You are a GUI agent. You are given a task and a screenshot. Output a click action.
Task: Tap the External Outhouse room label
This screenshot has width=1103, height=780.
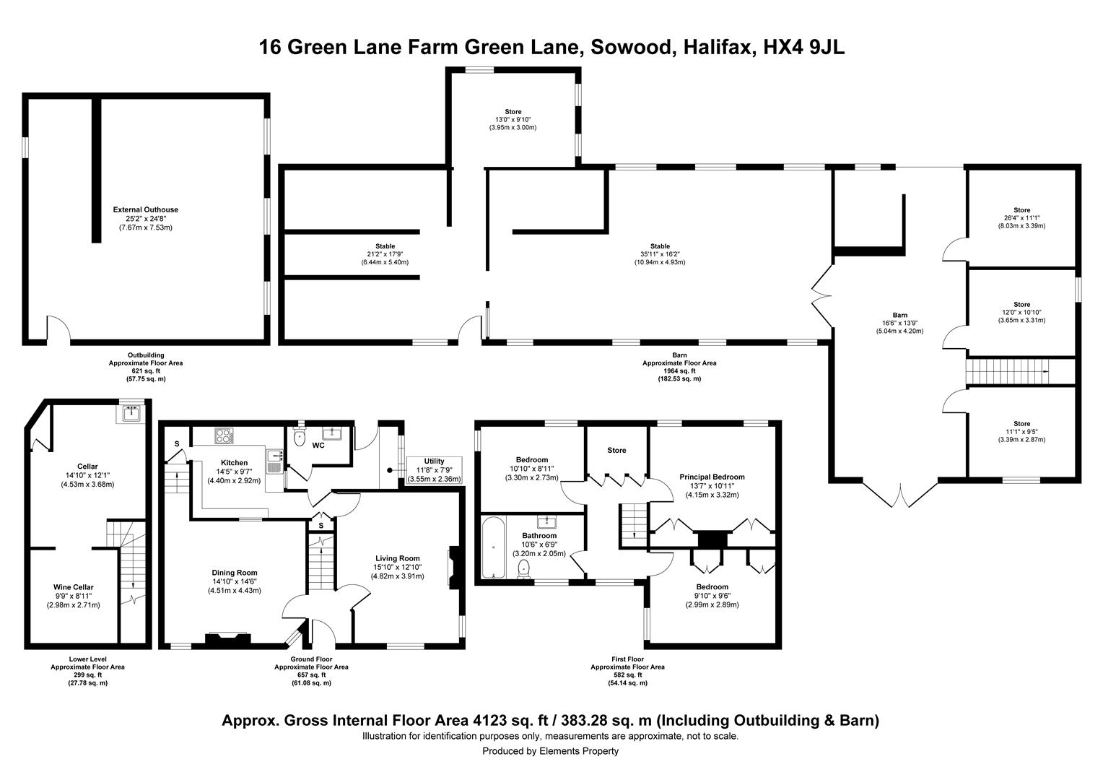tap(145, 210)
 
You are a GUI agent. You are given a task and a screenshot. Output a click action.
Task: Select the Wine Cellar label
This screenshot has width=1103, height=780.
tap(73, 587)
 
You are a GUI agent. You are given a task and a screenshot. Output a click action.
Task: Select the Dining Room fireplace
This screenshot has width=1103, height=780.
tap(228, 637)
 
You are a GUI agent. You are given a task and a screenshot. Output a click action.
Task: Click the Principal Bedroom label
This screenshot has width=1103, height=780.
tap(712, 477)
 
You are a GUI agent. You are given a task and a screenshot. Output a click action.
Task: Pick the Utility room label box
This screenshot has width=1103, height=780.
tap(434, 470)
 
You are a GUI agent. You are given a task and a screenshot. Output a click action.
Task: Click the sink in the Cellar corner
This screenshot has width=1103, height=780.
tap(131, 413)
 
